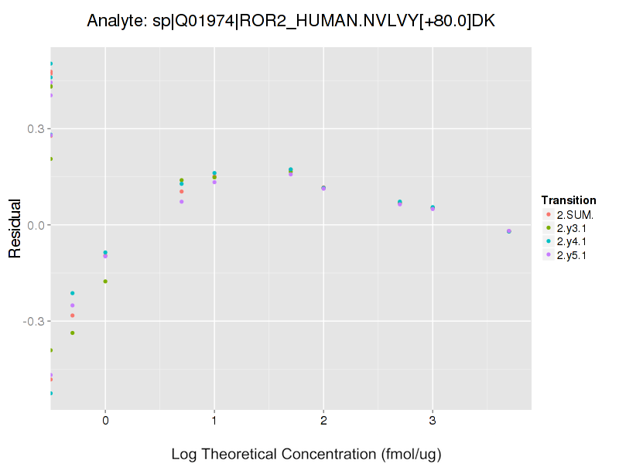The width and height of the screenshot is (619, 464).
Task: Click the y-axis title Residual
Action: pos(14,225)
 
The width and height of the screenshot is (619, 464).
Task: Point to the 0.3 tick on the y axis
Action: pos(36,129)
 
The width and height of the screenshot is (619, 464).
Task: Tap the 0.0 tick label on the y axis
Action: pos(36,225)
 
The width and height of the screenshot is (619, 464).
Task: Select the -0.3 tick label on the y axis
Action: pos(33,321)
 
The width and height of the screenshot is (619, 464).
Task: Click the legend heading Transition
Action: pos(569,200)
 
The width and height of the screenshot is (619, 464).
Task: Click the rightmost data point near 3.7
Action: pos(509,231)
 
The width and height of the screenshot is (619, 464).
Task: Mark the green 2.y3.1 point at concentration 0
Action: pos(105,281)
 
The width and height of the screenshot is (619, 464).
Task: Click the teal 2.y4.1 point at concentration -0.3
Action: pos(73,293)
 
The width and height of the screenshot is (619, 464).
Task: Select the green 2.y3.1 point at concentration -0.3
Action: pos(73,333)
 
